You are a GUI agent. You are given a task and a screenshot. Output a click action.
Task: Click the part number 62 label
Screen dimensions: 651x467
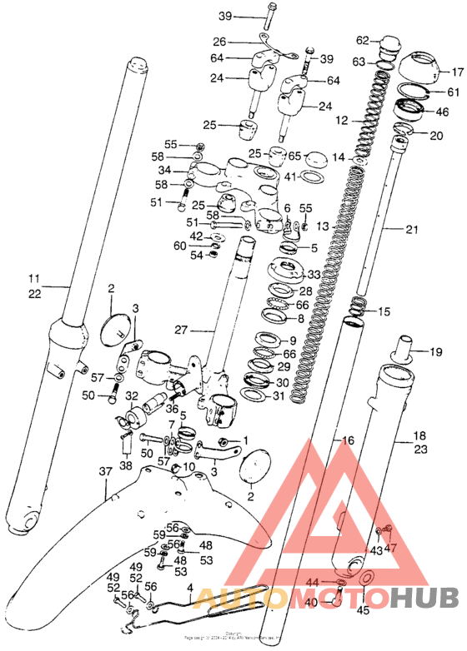point(362,41)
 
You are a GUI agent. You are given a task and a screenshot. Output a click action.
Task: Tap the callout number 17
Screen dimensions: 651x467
point(456,72)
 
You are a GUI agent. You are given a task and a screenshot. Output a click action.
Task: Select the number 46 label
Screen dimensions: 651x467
point(442,111)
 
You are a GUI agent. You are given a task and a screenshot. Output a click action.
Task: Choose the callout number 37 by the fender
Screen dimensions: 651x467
point(105,472)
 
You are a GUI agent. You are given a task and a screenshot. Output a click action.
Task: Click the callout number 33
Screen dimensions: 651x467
point(314,275)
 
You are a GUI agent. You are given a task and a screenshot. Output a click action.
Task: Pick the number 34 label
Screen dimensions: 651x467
point(165,171)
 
